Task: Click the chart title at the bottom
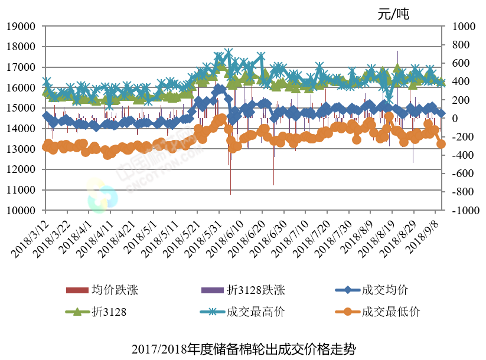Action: (244, 348)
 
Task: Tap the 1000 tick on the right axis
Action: (463, 27)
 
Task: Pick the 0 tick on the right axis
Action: (455, 119)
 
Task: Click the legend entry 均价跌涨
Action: (115, 290)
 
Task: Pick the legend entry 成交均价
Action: (384, 290)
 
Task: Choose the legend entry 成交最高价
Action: (256, 312)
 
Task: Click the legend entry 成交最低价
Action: (390, 312)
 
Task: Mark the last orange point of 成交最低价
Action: (441, 143)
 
